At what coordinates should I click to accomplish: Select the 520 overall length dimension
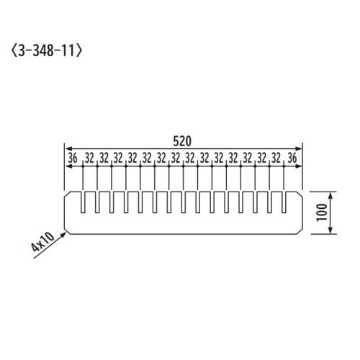183,141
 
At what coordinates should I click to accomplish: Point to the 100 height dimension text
321,212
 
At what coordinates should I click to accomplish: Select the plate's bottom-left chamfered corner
66,231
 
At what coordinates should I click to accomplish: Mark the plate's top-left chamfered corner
66,193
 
